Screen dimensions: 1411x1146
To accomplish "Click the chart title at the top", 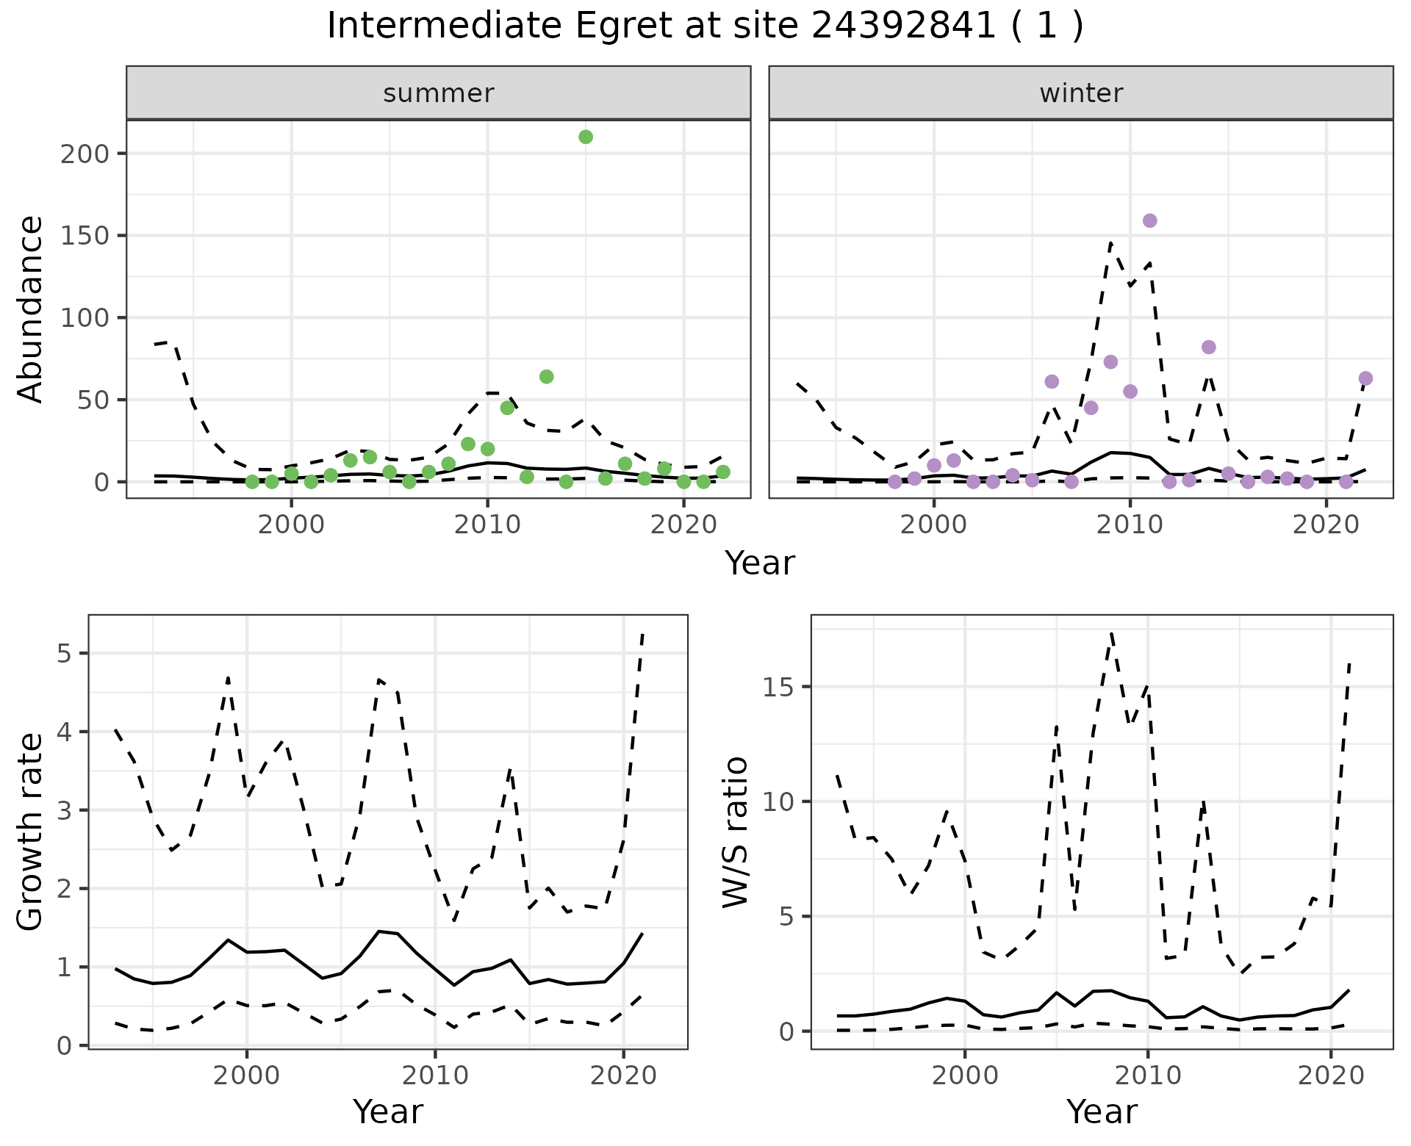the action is [x=705, y=26].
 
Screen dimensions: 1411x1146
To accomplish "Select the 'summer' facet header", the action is [x=439, y=93].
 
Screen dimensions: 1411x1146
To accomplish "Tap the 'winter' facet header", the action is [x=1081, y=93].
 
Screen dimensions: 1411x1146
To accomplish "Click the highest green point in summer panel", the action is [x=586, y=137].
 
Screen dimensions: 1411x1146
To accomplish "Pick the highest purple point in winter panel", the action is [x=1150, y=220].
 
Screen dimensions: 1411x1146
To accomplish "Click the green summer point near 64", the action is [x=546, y=377].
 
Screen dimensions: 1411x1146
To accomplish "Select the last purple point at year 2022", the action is [x=1365, y=378].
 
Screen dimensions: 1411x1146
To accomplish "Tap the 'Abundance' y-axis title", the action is [x=31, y=309].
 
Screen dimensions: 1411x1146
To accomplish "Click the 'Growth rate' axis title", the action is [x=31, y=832].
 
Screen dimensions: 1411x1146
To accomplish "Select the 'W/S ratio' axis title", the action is [x=735, y=832].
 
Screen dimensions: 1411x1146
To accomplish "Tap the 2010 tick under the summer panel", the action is [x=487, y=525].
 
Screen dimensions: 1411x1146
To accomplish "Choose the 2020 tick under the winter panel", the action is [x=1326, y=525].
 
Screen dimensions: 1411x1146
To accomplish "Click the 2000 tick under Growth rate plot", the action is [x=247, y=1075].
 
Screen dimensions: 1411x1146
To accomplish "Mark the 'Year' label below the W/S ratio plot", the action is [x=1102, y=1112].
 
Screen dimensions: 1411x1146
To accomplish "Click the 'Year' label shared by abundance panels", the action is [x=760, y=563].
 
